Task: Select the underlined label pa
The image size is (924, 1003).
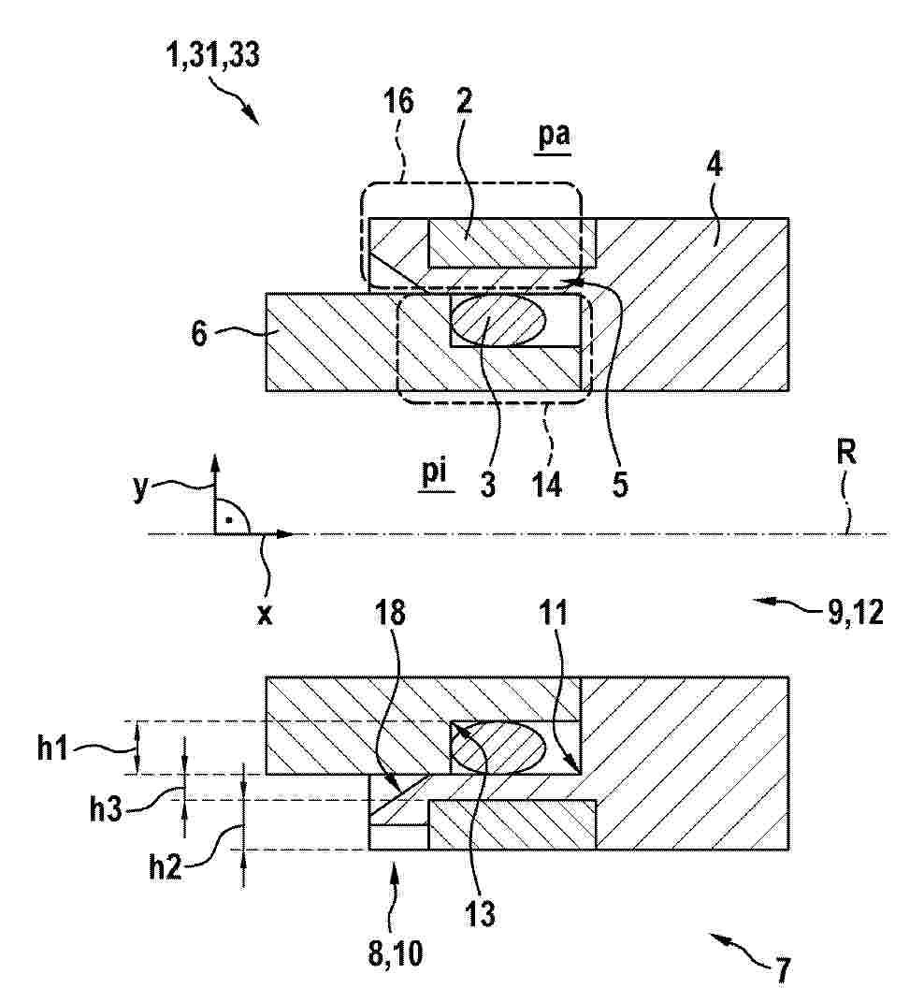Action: click(553, 137)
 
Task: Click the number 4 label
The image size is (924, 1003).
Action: click(715, 165)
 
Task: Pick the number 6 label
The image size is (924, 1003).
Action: click(199, 333)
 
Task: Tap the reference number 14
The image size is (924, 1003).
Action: click(547, 485)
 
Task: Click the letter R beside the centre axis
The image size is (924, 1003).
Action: click(846, 453)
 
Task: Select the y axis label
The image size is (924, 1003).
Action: click(140, 489)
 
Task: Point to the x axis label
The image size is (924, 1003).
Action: click(264, 615)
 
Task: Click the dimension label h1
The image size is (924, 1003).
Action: click(52, 749)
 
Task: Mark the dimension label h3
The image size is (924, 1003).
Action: click(106, 810)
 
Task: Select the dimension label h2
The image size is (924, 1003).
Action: click(165, 868)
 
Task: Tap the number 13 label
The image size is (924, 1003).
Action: click(480, 913)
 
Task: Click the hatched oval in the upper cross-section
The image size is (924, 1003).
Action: click(498, 320)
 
